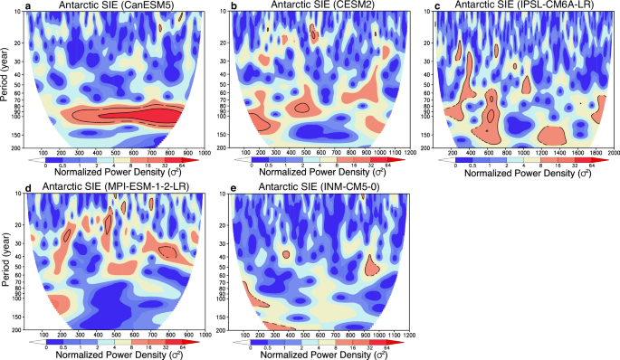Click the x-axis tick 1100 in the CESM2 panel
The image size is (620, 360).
(400, 153)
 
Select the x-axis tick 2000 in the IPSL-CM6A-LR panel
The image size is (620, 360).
(613, 153)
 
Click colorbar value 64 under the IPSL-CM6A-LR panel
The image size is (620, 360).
(591, 166)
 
